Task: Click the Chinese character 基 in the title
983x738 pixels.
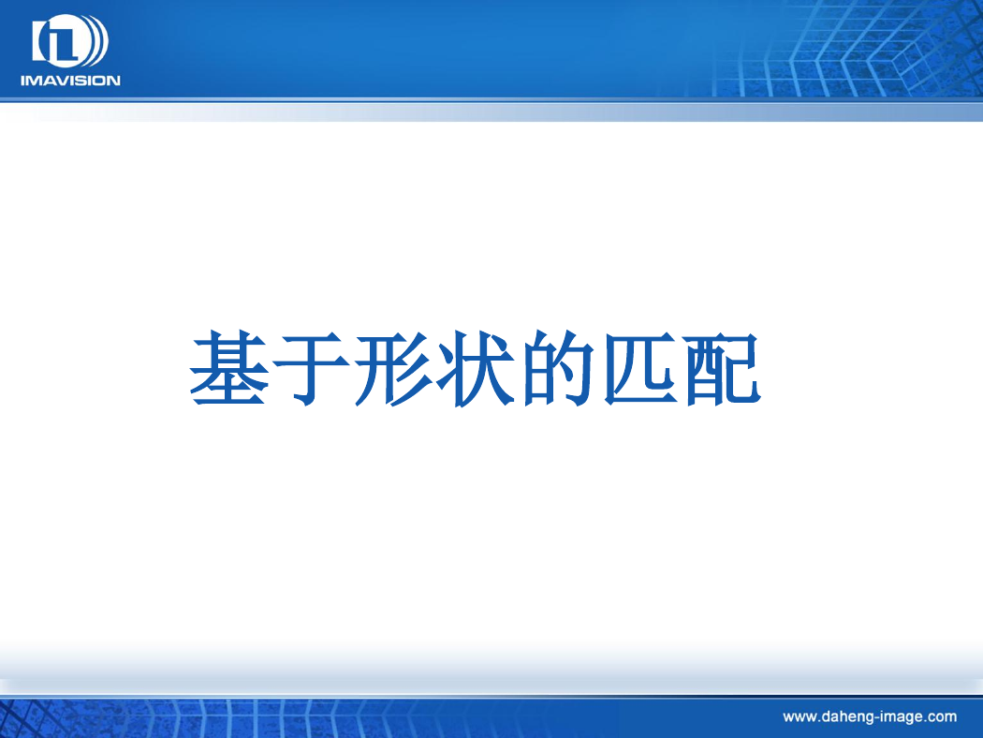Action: point(229,368)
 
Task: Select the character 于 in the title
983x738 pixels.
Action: point(312,369)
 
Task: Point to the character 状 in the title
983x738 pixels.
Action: point(475,369)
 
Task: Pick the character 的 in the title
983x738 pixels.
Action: point(557,368)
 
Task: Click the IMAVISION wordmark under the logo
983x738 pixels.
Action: point(70,81)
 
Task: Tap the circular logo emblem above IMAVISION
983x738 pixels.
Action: point(70,41)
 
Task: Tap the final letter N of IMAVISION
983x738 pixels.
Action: point(114,81)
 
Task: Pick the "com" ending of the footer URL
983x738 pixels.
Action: point(942,717)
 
